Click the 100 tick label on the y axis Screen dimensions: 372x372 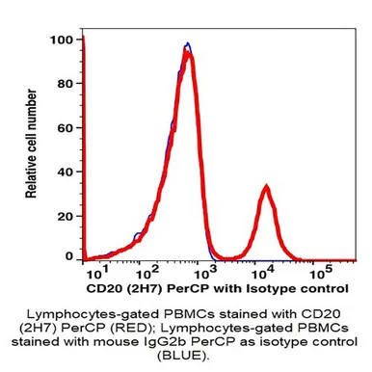pos(62,40)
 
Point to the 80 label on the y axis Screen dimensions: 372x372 pos(66,84)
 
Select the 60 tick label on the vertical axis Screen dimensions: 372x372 pos(66,128)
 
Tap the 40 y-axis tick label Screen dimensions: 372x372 pos(66,172)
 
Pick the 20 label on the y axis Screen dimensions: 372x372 pos(66,216)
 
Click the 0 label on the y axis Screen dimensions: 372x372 pos(69,256)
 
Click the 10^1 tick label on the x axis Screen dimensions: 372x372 pos(98,274)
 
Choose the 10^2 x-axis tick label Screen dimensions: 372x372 pos(147,274)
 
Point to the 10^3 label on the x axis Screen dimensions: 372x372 pos(205,274)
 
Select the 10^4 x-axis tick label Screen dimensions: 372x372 pos(263,274)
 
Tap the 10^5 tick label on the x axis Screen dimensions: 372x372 pos(321,274)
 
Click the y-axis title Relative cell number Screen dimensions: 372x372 pos(31,144)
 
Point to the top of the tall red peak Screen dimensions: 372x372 pos(187,49)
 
